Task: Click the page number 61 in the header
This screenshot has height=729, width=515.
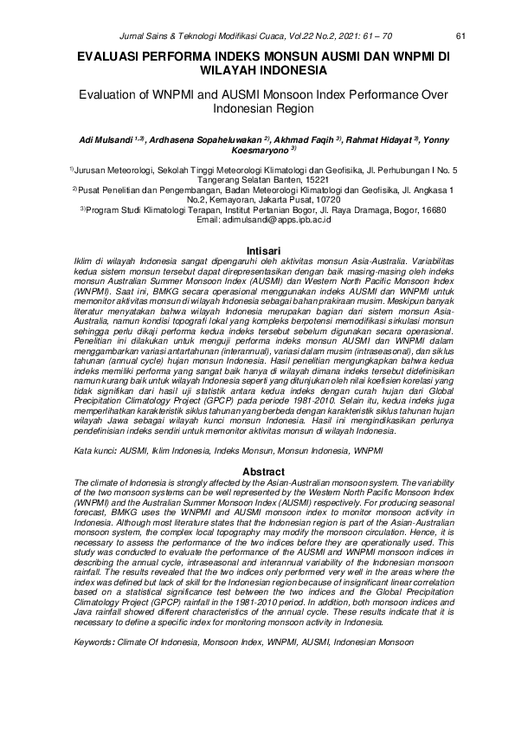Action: tap(460, 35)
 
